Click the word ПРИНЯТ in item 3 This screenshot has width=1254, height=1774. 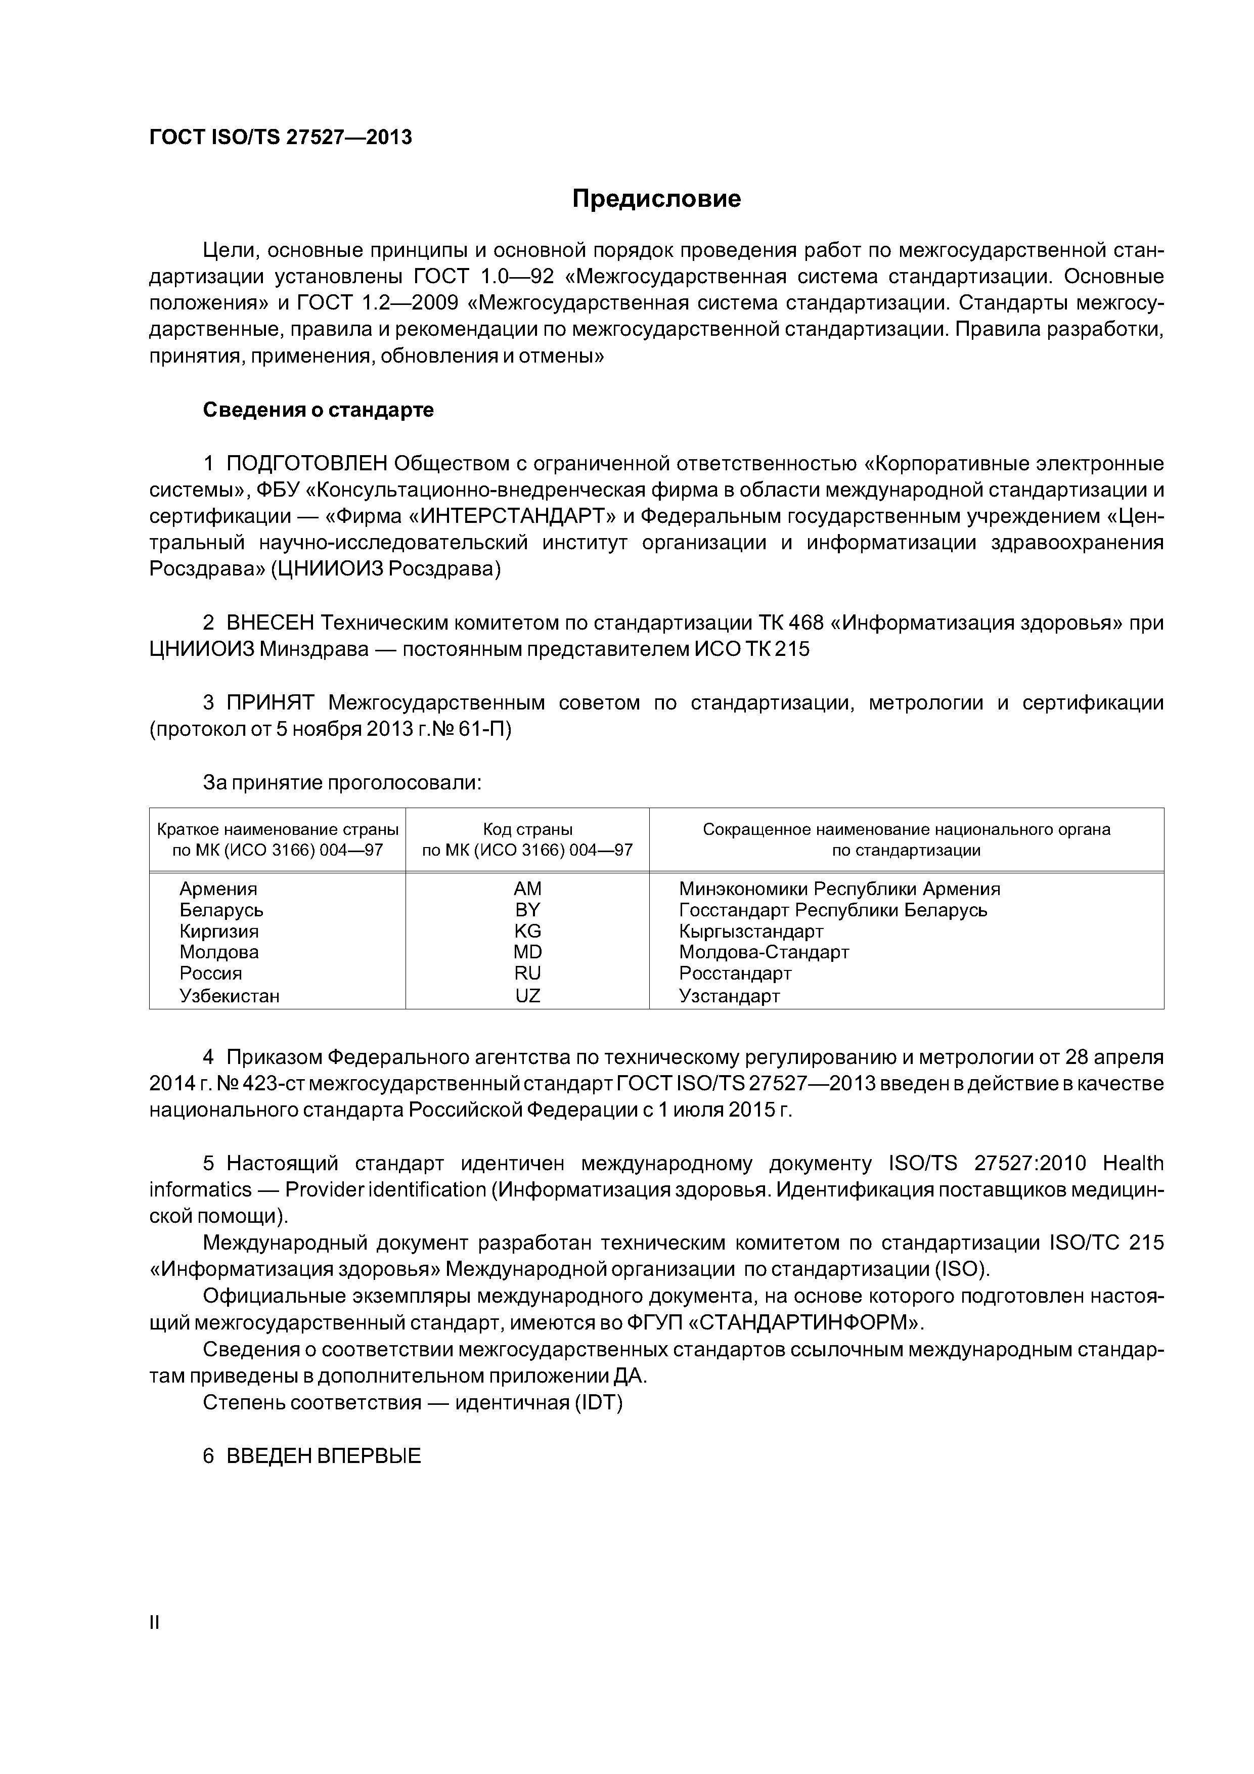pyautogui.click(x=271, y=702)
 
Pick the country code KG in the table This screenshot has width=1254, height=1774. pyautogui.click(x=528, y=931)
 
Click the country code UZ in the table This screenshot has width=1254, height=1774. pyautogui.click(x=528, y=996)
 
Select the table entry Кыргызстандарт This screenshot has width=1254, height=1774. pyautogui.click(x=751, y=931)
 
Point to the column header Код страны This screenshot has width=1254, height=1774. pyautogui.click(x=528, y=830)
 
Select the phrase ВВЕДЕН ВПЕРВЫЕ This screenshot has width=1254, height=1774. pyautogui.click(x=324, y=1456)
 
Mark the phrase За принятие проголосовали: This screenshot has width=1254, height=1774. pyautogui.click(x=342, y=783)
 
